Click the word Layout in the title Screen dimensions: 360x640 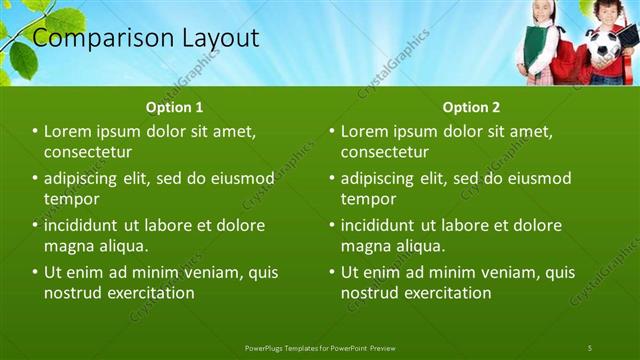tap(220, 39)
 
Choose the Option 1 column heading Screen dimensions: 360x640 tap(174, 107)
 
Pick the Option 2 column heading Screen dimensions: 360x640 tap(471, 107)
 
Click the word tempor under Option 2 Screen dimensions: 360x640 tap(369, 198)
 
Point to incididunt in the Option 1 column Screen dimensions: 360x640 tap(87, 225)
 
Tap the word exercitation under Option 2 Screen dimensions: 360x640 tap(441, 292)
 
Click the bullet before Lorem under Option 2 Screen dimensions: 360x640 tap(331, 131)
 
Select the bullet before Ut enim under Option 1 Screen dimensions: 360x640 tap(35, 271)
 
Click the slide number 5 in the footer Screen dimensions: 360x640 tap(590, 347)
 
